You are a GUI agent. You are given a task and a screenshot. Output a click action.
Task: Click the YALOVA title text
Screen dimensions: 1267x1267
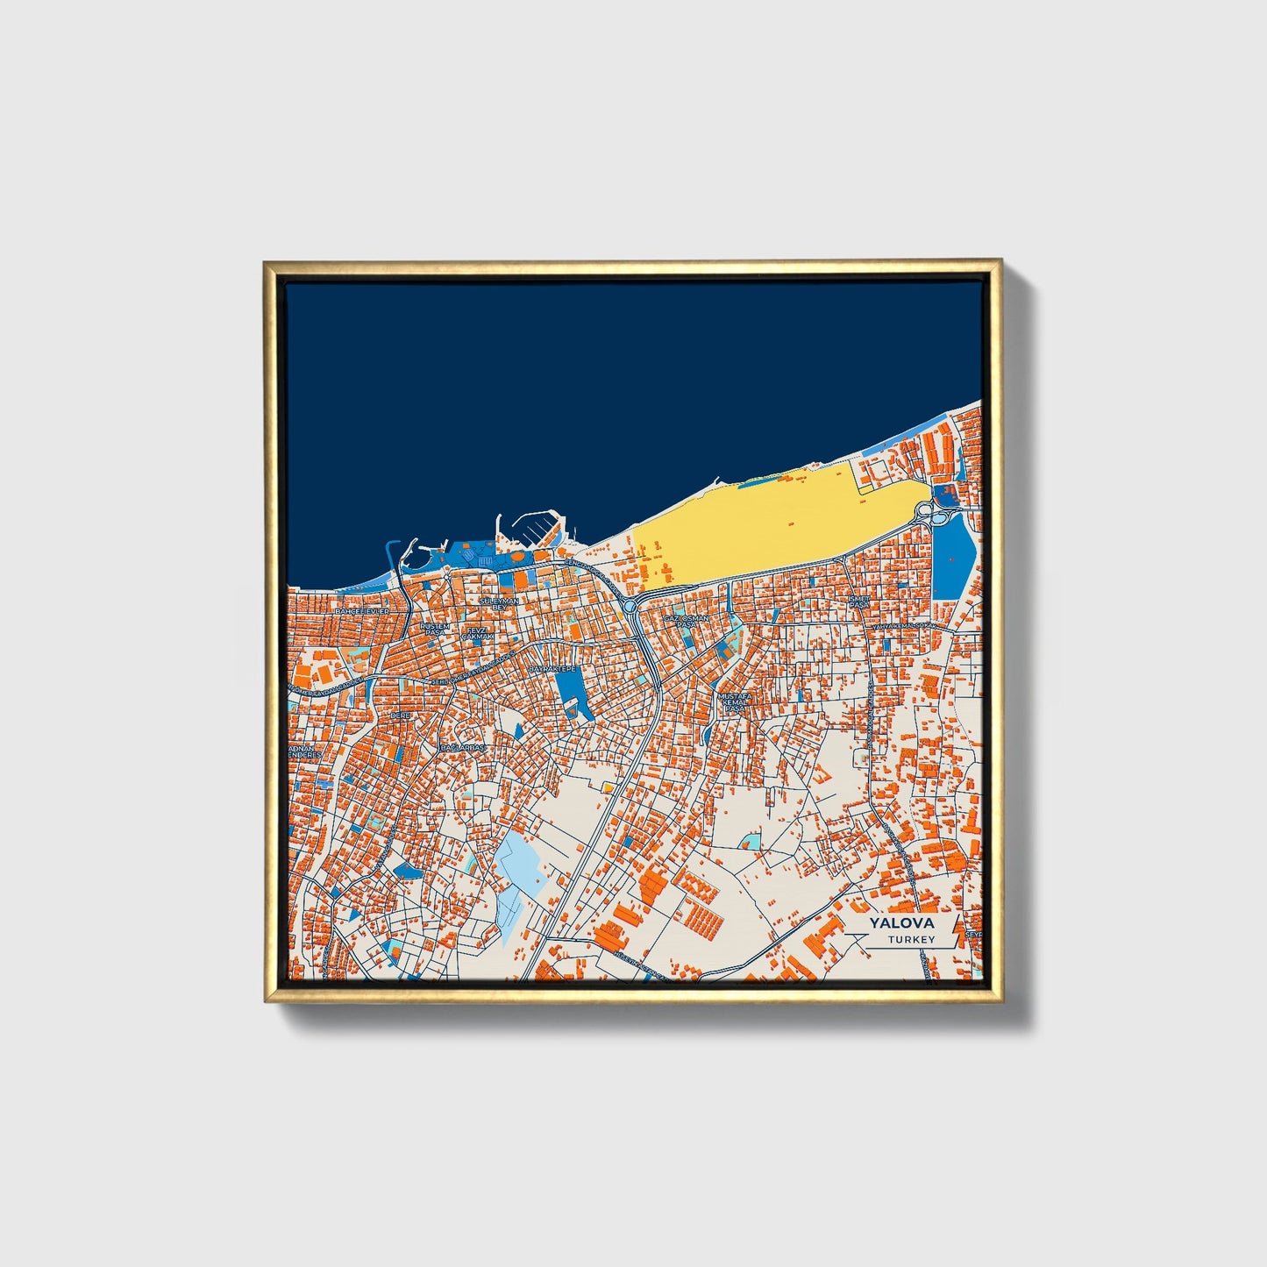(x=901, y=923)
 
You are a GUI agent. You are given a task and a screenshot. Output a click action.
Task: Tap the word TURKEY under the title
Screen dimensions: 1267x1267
(x=911, y=939)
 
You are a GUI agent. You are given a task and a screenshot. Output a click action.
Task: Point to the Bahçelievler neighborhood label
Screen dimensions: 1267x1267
(x=361, y=610)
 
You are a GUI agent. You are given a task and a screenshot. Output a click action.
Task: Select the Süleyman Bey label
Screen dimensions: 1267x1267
(x=498, y=603)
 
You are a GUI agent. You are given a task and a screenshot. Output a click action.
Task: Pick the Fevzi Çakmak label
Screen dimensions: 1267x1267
(x=480, y=633)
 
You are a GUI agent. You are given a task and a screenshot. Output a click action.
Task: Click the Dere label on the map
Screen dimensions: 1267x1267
(x=400, y=715)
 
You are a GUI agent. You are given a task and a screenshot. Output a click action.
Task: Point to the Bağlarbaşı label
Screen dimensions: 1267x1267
(x=462, y=748)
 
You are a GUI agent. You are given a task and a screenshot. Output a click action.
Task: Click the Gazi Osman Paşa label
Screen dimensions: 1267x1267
(x=686, y=621)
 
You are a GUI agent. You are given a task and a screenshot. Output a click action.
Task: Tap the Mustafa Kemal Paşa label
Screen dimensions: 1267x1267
(x=734, y=701)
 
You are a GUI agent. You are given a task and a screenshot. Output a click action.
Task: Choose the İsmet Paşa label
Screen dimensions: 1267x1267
(x=858, y=601)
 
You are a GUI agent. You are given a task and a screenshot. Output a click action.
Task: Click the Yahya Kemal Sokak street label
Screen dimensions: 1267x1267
(x=901, y=625)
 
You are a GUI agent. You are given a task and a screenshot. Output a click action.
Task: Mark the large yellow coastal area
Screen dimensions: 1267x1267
(x=754, y=526)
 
